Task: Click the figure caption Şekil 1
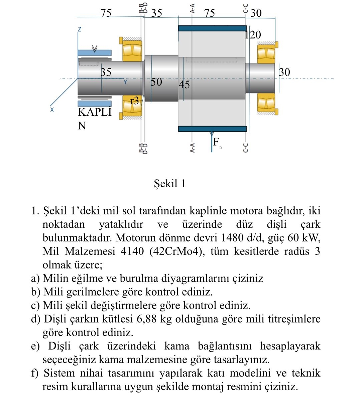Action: [x=169, y=183]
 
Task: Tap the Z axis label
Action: [x=79, y=29]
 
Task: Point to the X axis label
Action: [x=52, y=109]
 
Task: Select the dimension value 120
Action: [x=253, y=35]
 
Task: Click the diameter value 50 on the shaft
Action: [x=156, y=82]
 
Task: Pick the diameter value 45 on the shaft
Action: [x=184, y=85]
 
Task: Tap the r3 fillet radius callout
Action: [x=135, y=101]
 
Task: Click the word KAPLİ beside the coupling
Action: [x=95, y=112]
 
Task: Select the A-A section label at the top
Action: [x=193, y=8]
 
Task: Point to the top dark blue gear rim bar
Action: [x=212, y=28]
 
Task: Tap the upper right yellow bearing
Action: [x=266, y=54]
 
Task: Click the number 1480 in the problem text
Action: [x=232, y=238]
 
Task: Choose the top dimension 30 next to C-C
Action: [x=256, y=13]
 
